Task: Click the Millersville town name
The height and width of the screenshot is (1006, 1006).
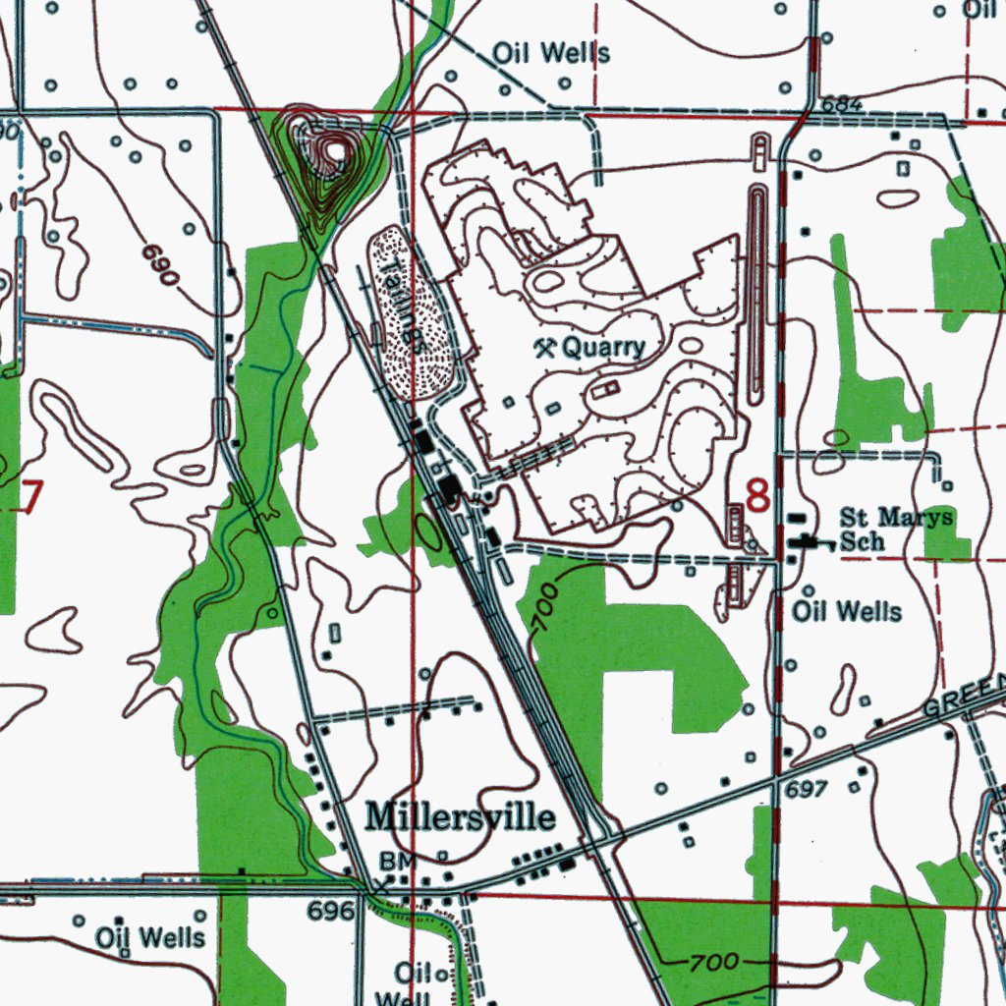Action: pyautogui.click(x=460, y=817)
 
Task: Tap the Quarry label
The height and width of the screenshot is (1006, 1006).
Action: pyautogui.click(x=603, y=347)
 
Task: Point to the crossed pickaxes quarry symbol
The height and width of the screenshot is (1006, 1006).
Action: pyautogui.click(x=544, y=346)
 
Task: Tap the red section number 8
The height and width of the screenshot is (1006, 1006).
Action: pyautogui.click(x=757, y=495)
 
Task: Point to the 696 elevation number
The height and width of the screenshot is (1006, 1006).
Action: pyautogui.click(x=330, y=911)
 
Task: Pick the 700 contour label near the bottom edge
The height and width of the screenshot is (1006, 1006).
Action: pyautogui.click(x=713, y=963)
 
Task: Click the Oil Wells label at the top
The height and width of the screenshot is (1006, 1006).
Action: pyautogui.click(x=550, y=53)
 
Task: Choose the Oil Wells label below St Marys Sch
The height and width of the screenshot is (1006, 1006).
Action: pyautogui.click(x=846, y=612)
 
